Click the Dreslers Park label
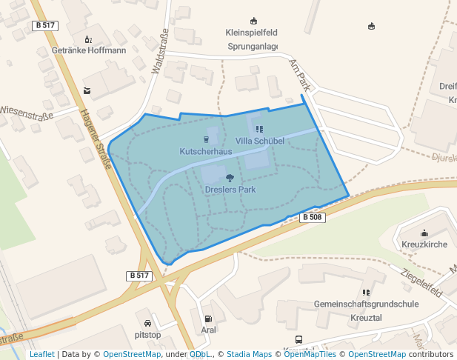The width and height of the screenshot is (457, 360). (230, 190)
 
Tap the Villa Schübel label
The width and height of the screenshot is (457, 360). (259, 140)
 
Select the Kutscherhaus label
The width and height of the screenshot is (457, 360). (206, 151)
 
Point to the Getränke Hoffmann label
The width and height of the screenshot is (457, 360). (89, 50)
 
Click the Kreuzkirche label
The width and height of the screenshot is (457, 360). (424, 244)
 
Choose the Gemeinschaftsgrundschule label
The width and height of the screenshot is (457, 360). (366, 304)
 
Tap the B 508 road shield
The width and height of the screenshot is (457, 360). (312, 217)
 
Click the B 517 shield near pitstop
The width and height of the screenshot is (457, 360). (139, 276)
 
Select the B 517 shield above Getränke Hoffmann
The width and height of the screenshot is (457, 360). (45, 25)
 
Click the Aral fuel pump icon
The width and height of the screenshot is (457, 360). (207, 319)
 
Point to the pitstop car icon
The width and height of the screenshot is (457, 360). (148, 323)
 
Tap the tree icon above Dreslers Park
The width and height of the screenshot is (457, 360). (230, 178)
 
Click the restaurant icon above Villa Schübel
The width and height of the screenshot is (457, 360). (258, 129)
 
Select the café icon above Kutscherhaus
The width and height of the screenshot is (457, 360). (206, 139)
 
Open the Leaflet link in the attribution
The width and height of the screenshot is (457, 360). (41, 354)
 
